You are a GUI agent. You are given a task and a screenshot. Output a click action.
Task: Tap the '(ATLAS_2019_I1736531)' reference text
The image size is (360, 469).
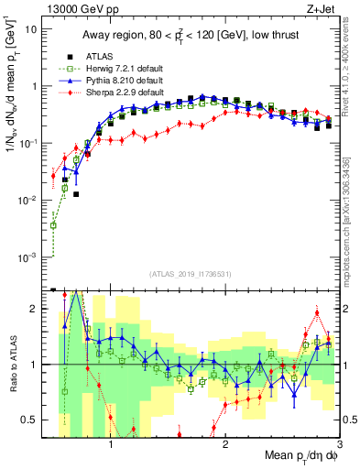pyautogui.click(x=191, y=275)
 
